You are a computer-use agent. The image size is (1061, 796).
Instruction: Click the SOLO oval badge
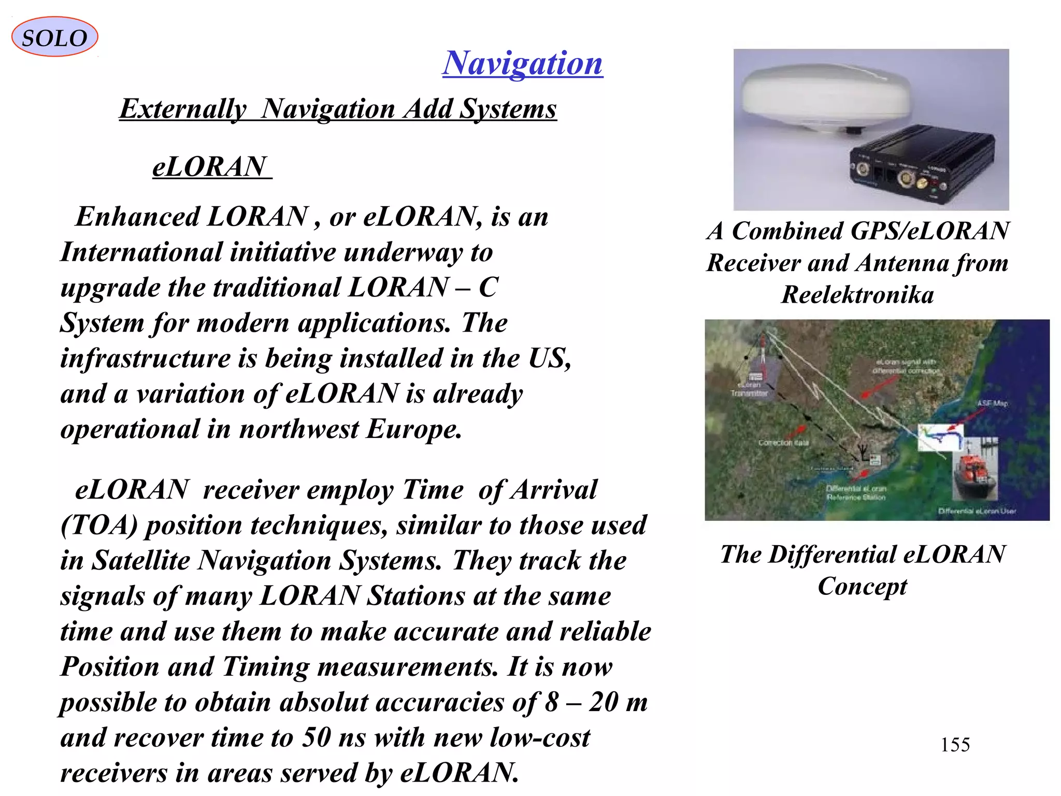(x=54, y=37)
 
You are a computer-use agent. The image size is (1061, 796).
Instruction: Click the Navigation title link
(x=522, y=63)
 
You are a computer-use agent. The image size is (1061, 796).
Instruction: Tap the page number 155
(x=955, y=745)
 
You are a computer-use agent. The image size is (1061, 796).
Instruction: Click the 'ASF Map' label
(x=993, y=403)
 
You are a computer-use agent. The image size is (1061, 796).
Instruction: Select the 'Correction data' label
(x=783, y=443)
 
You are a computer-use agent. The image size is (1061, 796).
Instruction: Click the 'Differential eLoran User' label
(x=977, y=511)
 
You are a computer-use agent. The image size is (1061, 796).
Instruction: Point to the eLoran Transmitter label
(x=749, y=389)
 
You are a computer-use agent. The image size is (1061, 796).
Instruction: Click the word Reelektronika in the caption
(x=857, y=295)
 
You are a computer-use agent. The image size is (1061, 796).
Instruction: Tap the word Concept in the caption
(x=863, y=586)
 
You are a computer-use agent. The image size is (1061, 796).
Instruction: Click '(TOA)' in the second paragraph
(x=99, y=525)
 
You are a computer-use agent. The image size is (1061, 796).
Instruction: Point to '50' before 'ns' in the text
(x=317, y=737)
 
